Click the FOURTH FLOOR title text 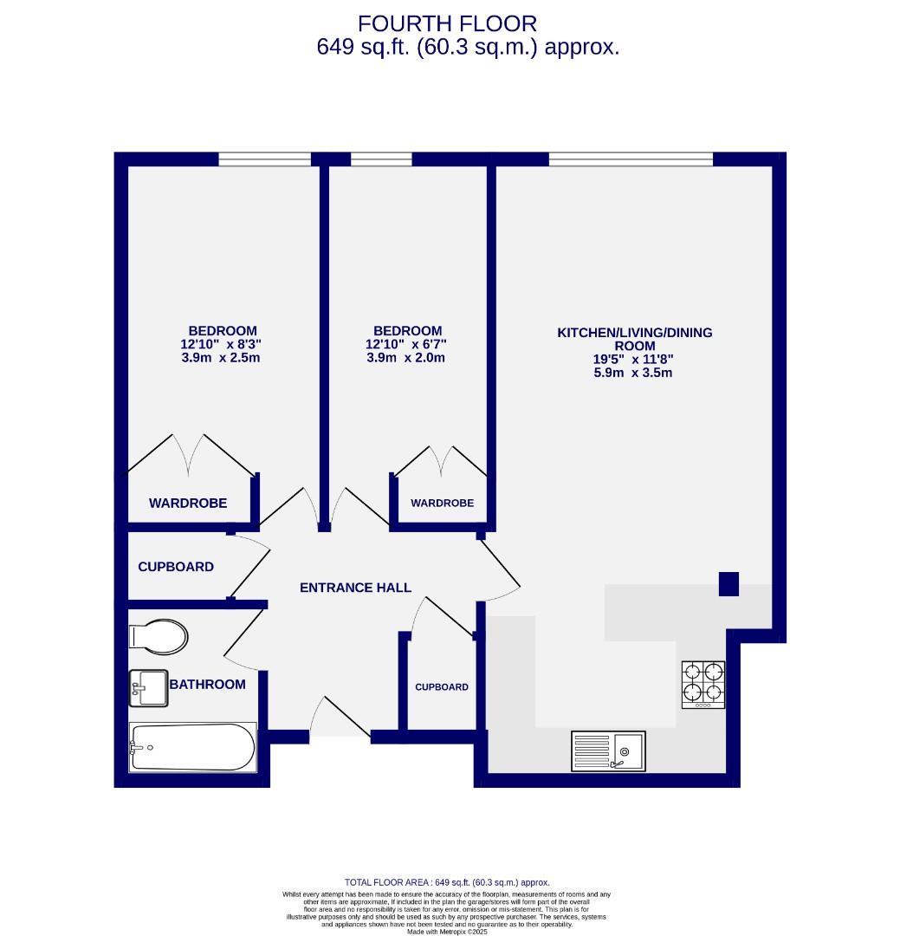tap(447, 23)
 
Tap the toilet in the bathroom tap(159, 637)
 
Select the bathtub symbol tap(193, 747)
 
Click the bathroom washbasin tap(149, 688)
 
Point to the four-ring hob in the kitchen tap(703, 683)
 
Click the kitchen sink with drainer tap(607, 751)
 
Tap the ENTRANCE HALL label tap(355, 588)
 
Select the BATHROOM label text tap(207, 684)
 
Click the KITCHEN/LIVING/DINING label tap(634, 333)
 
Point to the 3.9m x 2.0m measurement tap(405, 357)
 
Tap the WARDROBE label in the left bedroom tap(188, 504)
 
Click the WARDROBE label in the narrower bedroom tap(442, 504)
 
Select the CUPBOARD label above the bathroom tap(176, 567)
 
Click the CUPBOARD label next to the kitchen tap(442, 687)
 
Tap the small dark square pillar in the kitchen tap(728, 584)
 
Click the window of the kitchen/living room tap(631, 159)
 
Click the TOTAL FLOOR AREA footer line tap(447, 882)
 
